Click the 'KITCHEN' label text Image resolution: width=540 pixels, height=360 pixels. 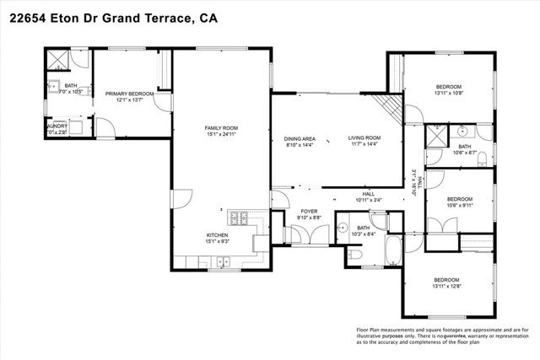coord(219,235)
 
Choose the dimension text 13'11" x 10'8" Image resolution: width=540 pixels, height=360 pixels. coord(448,93)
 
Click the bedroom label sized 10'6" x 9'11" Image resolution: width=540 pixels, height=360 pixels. coord(448,199)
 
